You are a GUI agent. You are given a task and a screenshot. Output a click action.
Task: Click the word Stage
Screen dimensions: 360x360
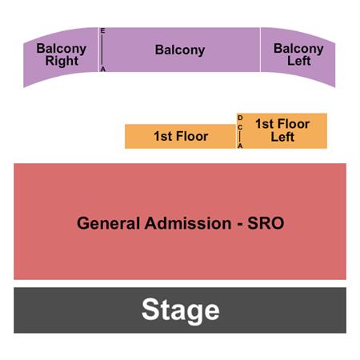tap(181, 310)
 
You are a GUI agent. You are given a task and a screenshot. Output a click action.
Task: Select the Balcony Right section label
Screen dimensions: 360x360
tap(62, 54)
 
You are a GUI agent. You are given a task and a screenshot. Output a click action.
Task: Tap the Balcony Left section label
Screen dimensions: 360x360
tap(298, 54)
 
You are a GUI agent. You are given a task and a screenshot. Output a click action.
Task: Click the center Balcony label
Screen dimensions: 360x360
tap(180, 50)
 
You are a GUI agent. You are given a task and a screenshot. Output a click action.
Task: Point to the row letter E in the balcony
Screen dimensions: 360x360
tap(102, 31)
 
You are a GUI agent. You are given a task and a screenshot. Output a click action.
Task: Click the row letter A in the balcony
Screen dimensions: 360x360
tap(103, 69)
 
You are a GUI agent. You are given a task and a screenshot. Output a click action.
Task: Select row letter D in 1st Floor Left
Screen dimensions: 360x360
tap(240, 118)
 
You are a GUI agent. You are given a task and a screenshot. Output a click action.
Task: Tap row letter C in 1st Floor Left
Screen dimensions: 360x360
tap(240, 128)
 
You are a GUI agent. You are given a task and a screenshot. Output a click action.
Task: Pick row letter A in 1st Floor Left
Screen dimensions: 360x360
tap(240, 146)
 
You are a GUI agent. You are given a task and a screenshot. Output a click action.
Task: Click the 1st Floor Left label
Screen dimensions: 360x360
tap(282, 130)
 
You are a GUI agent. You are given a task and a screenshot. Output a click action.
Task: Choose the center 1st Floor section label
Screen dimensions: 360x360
tap(181, 136)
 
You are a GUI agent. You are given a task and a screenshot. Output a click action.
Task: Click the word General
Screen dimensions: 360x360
tap(108, 223)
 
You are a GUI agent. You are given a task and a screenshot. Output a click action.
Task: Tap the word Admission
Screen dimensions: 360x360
tap(188, 223)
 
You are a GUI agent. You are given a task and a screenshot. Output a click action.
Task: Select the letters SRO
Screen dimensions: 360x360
tap(266, 223)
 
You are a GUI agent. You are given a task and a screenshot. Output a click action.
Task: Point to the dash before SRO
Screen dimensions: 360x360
tap(240, 224)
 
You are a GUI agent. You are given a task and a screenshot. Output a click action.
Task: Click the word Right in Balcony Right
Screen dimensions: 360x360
tap(62, 61)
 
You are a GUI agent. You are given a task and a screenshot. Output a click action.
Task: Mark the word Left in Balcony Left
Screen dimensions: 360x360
tap(299, 61)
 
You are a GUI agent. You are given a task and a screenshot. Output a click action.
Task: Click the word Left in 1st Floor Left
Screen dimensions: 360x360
tap(282, 137)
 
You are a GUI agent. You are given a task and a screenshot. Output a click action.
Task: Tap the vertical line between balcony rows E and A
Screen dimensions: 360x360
tap(102, 50)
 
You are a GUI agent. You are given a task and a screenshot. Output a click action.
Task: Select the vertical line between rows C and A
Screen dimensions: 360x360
tap(240, 137)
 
